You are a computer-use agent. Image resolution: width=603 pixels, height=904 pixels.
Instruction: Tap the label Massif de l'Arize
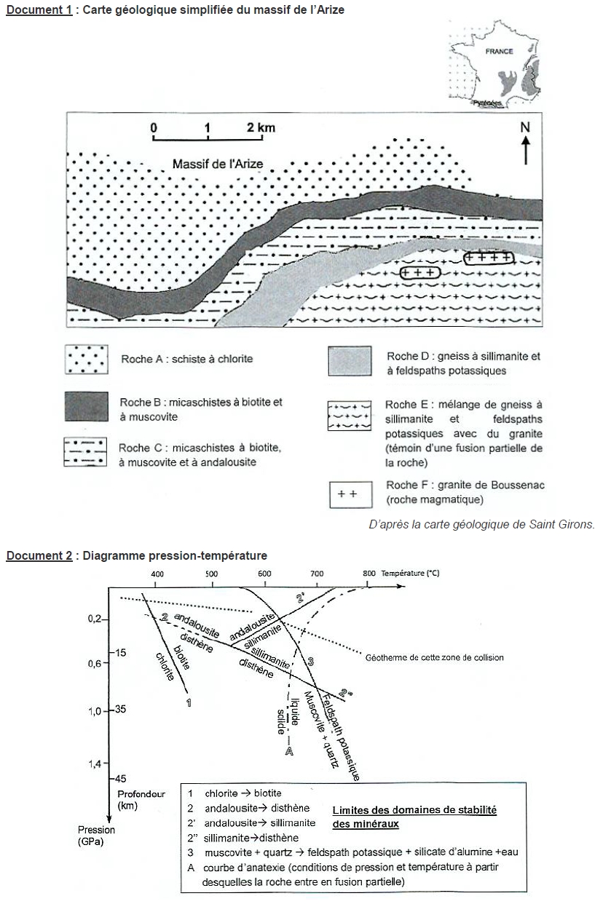click(218, 164)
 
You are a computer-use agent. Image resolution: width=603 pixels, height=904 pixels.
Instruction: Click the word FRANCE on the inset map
click(500, 52)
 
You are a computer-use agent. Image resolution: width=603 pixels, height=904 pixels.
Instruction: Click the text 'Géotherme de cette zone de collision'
click(433, 657)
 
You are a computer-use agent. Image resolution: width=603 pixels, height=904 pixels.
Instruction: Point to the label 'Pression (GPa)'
click(98, 836)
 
